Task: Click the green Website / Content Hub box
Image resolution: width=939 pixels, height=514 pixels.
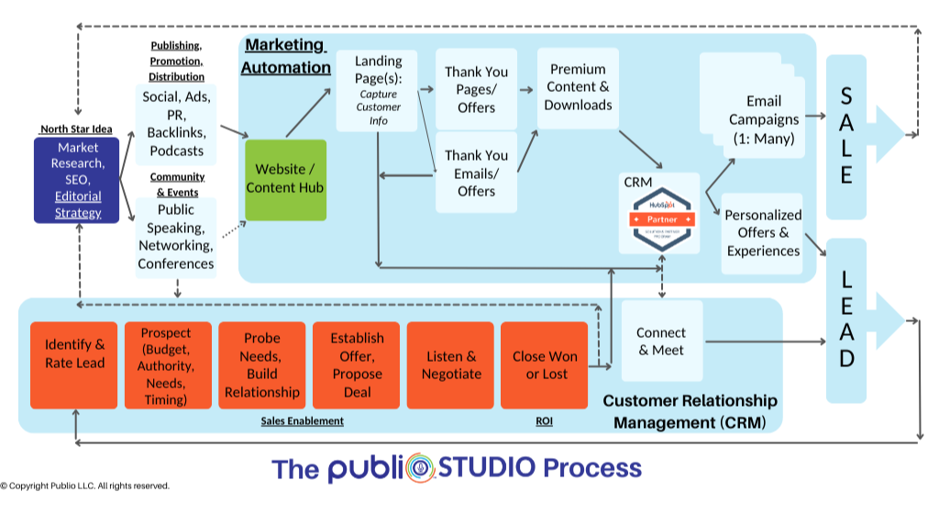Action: [285, 180]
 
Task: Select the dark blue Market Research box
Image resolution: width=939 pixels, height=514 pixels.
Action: [77, 180]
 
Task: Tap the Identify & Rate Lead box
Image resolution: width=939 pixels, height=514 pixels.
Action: [74, 364]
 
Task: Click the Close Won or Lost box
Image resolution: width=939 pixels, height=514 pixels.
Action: [544, 364]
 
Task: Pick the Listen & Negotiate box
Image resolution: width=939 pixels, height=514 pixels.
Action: [450, 364]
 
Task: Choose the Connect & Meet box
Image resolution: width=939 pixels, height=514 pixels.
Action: [661, 341]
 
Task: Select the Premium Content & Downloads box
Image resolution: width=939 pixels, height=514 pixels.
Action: [578, 88]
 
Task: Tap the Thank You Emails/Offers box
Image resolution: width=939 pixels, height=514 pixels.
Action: [476, 173]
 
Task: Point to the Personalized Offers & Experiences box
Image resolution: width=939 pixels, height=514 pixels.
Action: [762, 234]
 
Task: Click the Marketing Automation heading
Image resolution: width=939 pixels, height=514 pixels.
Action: [285, 56]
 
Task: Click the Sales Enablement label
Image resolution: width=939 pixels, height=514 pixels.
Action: [302, 421]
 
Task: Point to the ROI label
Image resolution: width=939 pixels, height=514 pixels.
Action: [544, 421]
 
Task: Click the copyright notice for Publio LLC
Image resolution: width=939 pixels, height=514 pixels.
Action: [84, 486]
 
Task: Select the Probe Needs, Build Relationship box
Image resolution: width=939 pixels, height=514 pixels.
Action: [261, 364]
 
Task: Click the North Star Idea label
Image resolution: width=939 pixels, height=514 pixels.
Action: [76, 129]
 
